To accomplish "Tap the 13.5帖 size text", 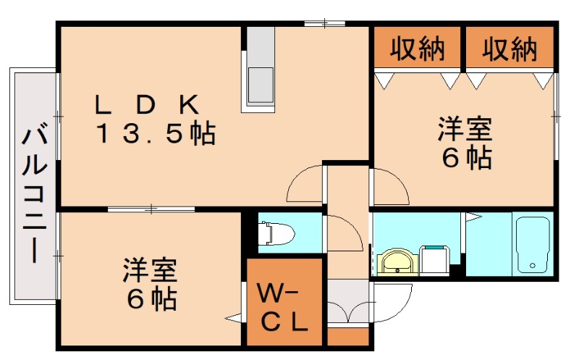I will pyautogui.click(x=156, y=133).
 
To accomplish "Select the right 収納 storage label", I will pyautogui.click(x=510, y=49).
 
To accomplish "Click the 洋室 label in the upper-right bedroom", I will pyautogui.click(x=464, y=131).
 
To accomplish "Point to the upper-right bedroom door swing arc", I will pyautogui.click(x=391, y=186).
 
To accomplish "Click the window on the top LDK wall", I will pyautogui.click(x=324, y=25).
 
